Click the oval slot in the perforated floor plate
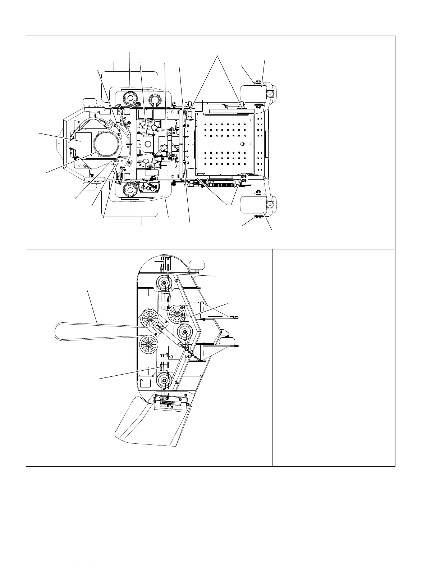(243, 144)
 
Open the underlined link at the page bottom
(72, 566)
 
